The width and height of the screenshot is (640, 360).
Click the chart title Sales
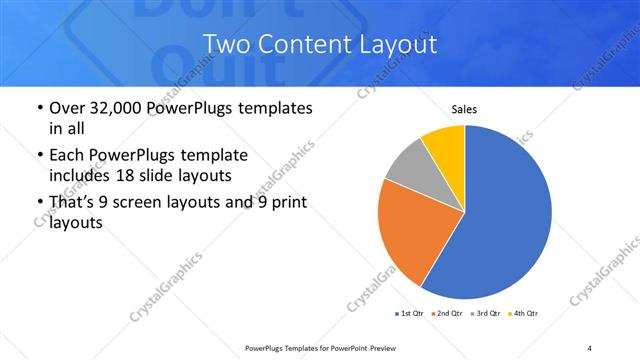pyautogui.click(x=465, y=108)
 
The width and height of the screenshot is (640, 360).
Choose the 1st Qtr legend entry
pyautogui.click(x=409, y=314)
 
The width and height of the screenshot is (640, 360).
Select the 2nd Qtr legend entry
pyautogui.click(x=447, y=314)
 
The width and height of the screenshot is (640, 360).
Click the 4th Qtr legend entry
pyautogui.click(x=524, y=314)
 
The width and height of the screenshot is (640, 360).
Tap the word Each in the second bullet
pyautogui.click(x=66, y=156)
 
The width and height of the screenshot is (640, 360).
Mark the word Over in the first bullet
pyautogui.click(x=69, y=107)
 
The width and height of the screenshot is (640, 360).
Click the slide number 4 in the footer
pyautogui.click(x=590, y=347)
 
